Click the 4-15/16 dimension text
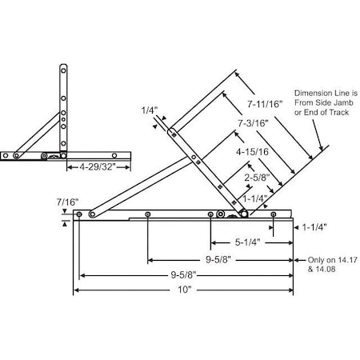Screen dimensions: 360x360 [x=252, y=150]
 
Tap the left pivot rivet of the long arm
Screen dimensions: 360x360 [x=93, y=213]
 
